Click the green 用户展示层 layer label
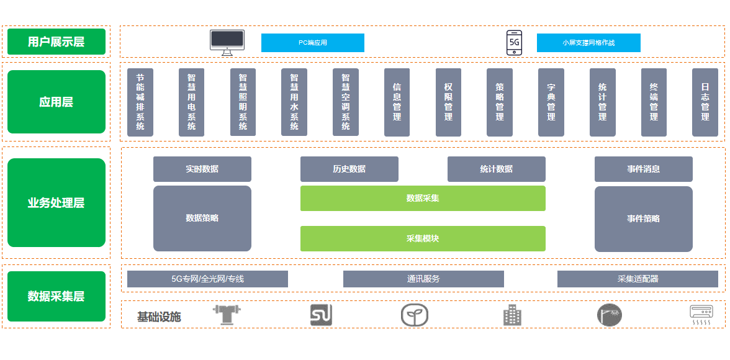(56, 42)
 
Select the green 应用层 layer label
(56, 102)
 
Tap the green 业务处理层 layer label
(56, 203)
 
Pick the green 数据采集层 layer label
(56, 296)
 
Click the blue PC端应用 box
(312, 43)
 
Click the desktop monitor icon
(227, 42)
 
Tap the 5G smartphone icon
(514, 42)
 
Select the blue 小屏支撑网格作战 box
(588, 43)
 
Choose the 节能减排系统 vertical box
(140, 102)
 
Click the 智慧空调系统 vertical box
(346, 102)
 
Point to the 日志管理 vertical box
(705, 102)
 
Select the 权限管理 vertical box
(448, 102)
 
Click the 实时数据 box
(202, 169)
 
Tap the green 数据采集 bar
(423, 198)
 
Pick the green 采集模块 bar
(423, 238)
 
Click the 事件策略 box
(643, 218)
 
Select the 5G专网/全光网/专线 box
(207, 279)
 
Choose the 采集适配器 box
(638, 279)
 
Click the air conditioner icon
(701, 315)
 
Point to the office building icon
(512, 315)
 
